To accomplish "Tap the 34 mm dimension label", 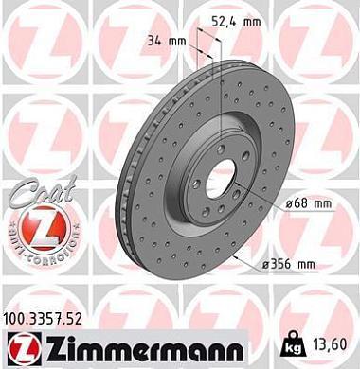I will [164, 41].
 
